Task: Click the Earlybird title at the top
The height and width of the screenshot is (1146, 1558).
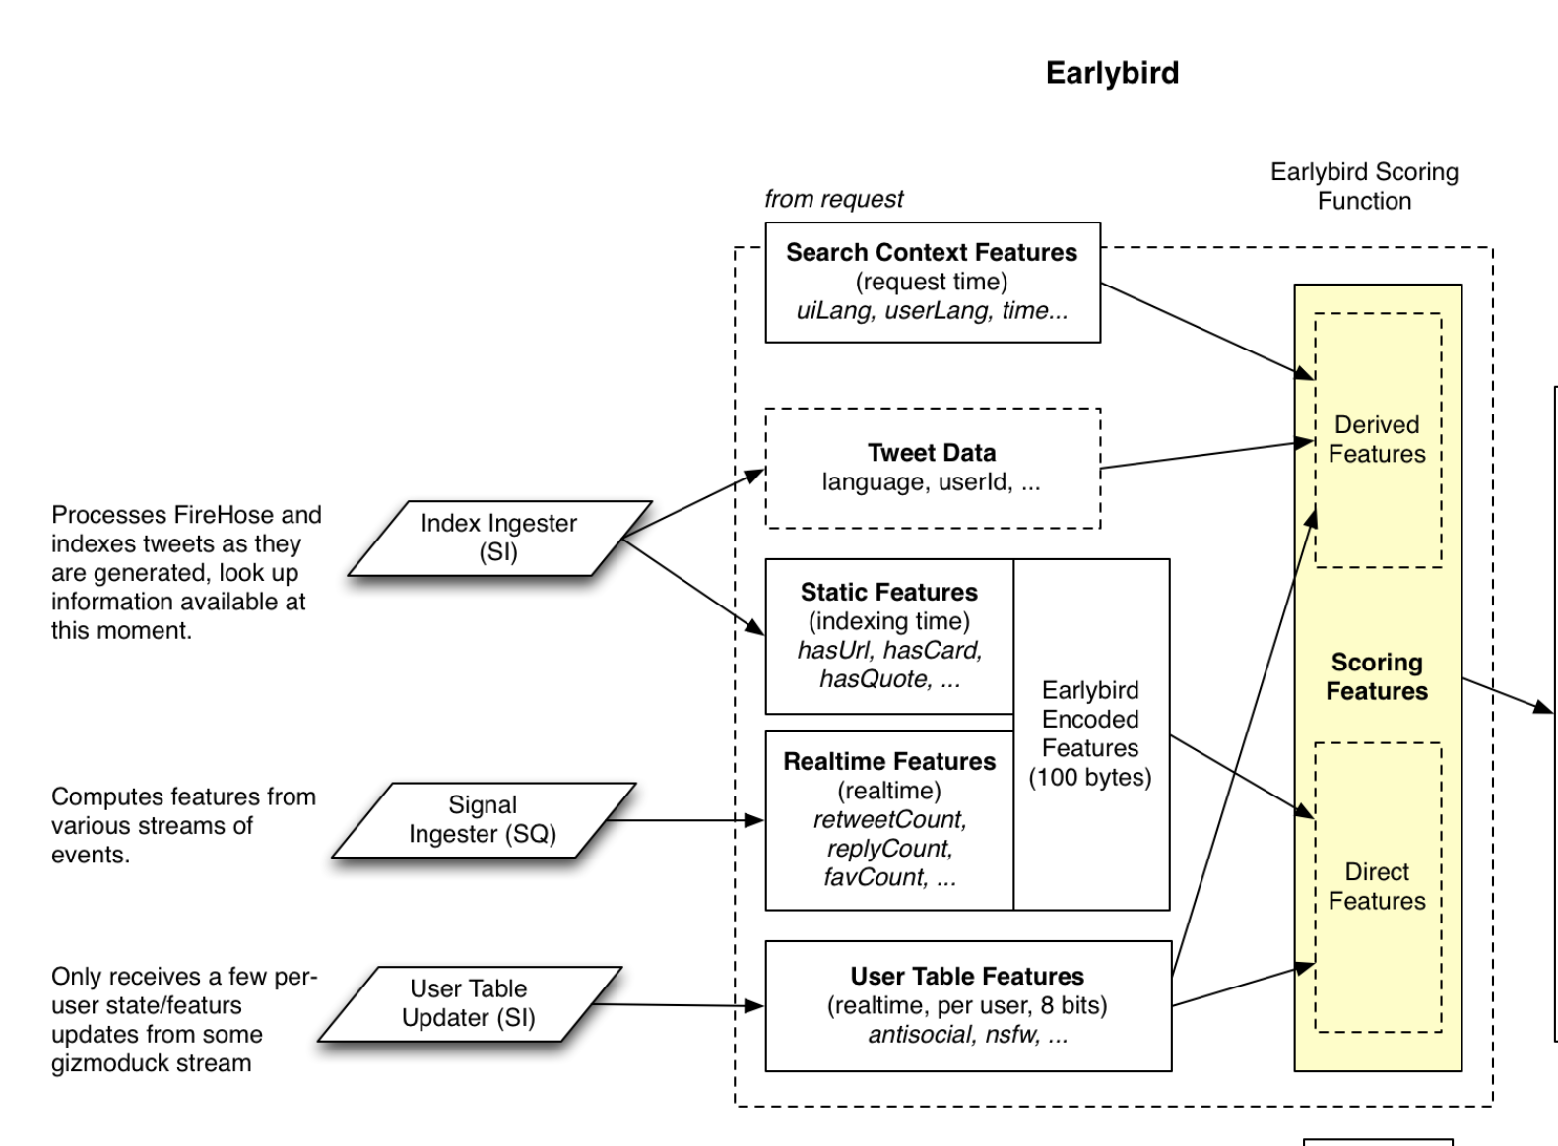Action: click(1112, 73)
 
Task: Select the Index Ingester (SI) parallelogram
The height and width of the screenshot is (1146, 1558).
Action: click(499, 539)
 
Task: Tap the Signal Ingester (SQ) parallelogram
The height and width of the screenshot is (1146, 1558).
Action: click(484, 820)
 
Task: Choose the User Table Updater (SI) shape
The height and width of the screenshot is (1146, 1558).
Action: click(470, 1003)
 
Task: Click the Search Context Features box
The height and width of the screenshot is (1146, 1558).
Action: click(933, 283)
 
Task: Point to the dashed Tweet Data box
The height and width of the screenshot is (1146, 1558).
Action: click(933, 468)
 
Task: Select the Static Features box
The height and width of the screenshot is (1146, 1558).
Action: click(889, 636)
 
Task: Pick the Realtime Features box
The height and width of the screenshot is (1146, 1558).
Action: click(889, 820)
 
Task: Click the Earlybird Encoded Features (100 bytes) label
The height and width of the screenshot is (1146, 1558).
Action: click(1090, 733)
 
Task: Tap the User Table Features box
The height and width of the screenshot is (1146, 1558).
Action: click(968, 1005)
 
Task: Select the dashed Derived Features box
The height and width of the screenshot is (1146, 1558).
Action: click(1378, 440)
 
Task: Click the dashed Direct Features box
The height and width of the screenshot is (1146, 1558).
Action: click(1378, 887)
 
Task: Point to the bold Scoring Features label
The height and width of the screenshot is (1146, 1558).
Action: click(1377, 676)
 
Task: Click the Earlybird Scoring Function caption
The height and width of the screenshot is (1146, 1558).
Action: click(1364, 186)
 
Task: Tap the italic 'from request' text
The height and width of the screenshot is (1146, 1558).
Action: click(833, 199)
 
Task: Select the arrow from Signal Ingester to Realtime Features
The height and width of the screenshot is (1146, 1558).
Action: click(685, 820)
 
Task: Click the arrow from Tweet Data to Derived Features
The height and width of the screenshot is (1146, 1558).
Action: click(1207, 454)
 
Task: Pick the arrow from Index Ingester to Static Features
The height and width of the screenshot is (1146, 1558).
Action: click(693, 587)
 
